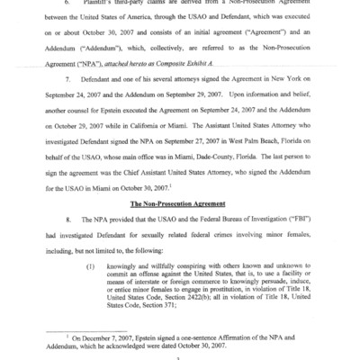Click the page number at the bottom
pos(180,355)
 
